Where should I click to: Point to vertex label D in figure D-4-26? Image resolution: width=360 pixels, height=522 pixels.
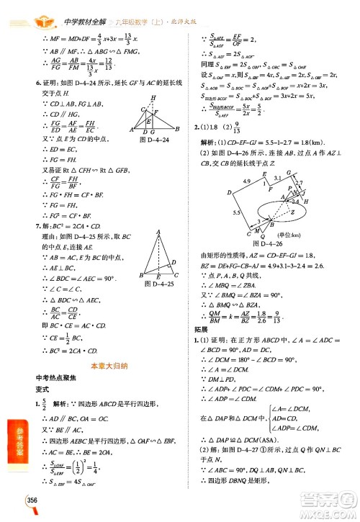click(228, 194)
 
